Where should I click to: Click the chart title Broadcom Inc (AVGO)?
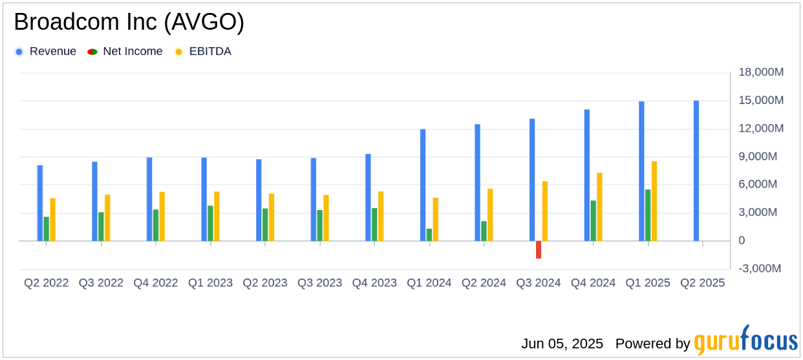point(129,23)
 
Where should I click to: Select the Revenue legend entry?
point(52,52)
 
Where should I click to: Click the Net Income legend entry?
point(133,52)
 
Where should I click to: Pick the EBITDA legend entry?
point(209,52)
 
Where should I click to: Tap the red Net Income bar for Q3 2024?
point(539,249)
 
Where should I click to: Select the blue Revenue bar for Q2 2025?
point(696,171)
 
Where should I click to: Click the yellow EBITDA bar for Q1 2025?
point(654,201)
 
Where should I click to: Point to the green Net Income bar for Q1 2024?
point(429,235)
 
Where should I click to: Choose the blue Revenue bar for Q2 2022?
point(40,203)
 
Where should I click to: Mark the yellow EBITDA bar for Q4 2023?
point(381,216)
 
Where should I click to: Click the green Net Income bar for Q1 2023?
point(211,223)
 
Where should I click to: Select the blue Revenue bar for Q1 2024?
point(423,185)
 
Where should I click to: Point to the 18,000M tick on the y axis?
point(760,72)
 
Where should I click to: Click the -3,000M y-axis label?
point(760,269)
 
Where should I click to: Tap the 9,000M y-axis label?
point(760,156)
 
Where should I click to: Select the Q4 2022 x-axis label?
point(156,284)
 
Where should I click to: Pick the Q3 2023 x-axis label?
point(319,284)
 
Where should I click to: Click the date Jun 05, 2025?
point(562,344)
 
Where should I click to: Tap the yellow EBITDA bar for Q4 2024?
point(599,207)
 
